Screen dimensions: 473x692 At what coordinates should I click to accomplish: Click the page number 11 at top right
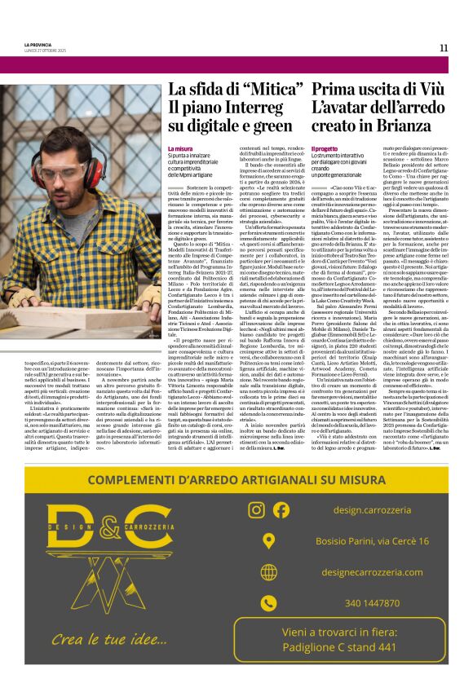pyautogui.click(x=444, y=47)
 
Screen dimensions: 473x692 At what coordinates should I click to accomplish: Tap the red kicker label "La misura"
pyautogui.click(x=180, y=149)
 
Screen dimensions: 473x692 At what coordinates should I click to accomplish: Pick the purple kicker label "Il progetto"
pyautogui.click(x=326, y=149)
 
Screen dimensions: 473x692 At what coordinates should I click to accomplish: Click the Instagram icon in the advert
pyautogui.click(x=256, y=510)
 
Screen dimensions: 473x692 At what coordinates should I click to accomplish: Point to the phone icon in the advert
pyautogui.click(x=268, y=603)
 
